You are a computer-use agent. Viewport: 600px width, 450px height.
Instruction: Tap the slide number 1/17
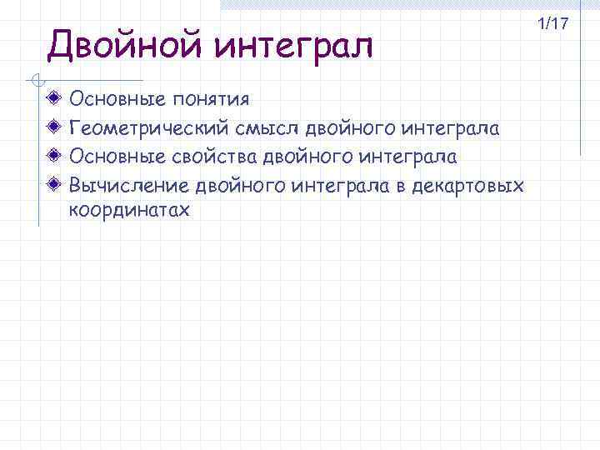click(x=552, y=24)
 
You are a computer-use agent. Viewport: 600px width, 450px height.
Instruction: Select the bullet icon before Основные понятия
click(x=54, y=100)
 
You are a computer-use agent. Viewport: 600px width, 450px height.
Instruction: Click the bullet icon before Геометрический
click(x=54, y=128)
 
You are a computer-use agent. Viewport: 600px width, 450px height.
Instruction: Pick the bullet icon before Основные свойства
click(x=54, y=156)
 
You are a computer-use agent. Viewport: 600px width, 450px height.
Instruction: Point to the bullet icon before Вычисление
click(x=54, y=183)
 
